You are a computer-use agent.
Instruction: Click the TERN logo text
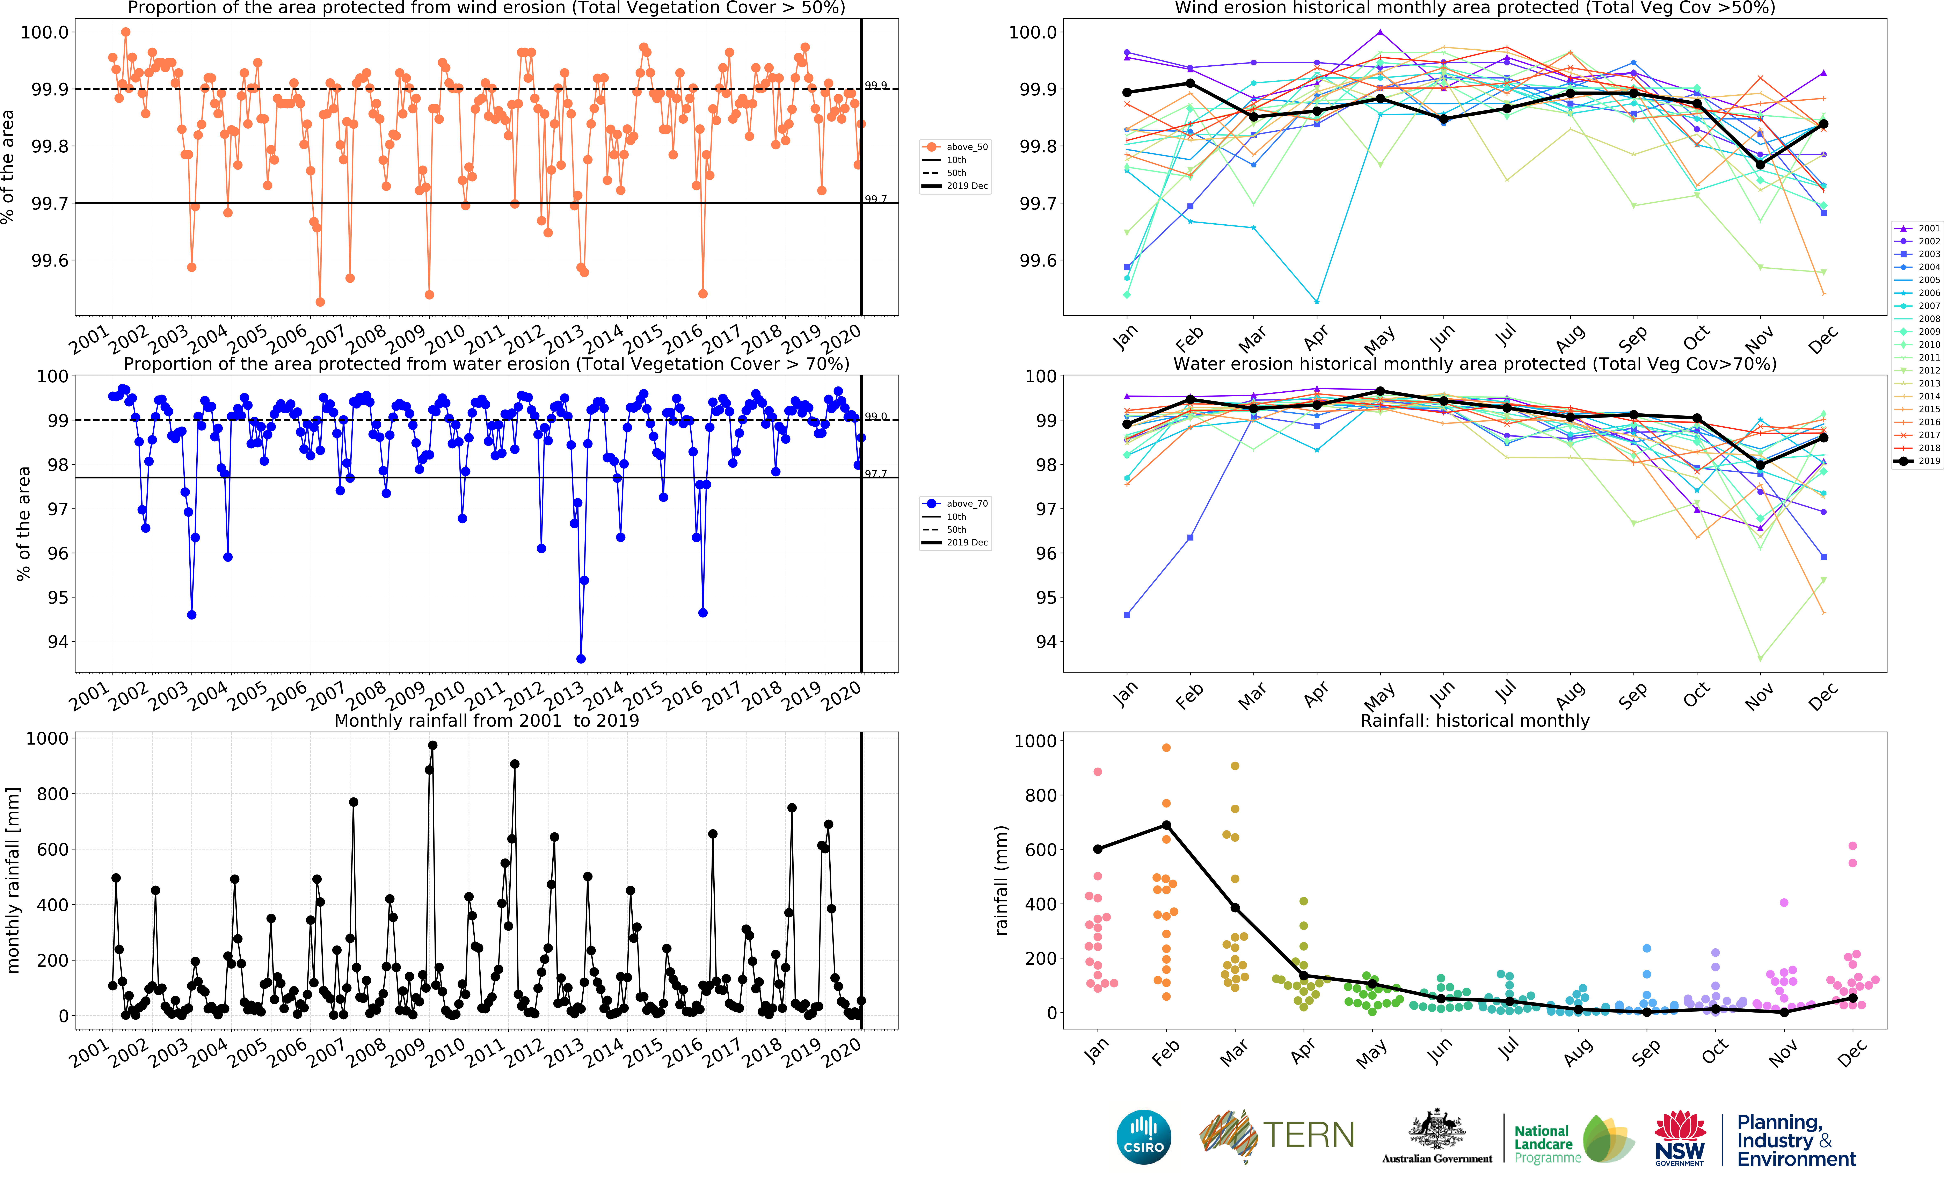coord(1310,1135)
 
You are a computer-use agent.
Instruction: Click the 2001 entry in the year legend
coord(1917,228)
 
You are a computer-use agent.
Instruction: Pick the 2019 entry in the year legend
coord(1917,461)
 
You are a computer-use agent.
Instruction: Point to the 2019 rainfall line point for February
coord(1166,825)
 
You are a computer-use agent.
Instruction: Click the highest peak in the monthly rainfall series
coord(432,745)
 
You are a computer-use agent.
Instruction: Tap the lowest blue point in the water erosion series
coord(581,659)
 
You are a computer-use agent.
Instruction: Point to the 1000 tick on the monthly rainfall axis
coord(47,738)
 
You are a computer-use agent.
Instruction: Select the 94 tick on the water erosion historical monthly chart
coord(1045,641)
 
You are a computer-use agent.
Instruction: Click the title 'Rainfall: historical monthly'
coord(1475,720)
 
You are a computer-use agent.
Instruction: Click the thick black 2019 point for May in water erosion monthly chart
coord(1380,391)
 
